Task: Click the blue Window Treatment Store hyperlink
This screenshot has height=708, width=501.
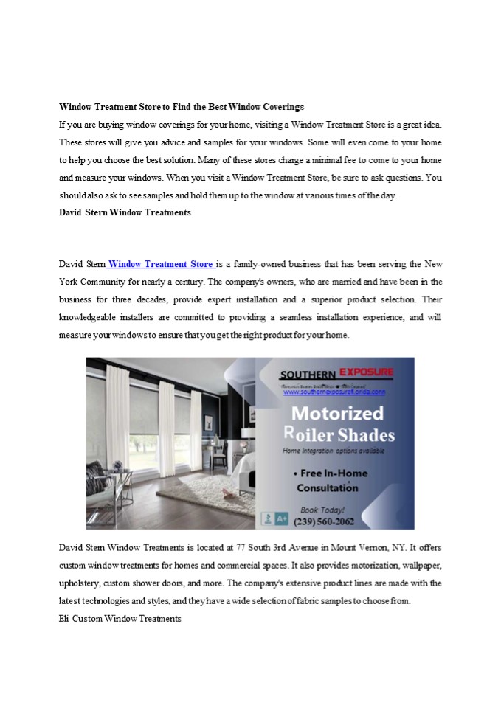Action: click(161, 264)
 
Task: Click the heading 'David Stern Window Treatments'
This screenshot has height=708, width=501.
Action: click(125, 212)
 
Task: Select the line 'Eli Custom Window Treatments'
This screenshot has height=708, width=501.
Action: click(120, 618)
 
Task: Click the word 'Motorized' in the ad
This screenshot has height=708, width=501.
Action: click(336, 413)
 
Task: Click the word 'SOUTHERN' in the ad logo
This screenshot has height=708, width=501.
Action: click(307, 374)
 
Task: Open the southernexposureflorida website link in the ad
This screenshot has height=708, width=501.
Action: click(334, 392)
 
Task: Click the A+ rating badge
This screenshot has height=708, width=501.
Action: click(282, 519)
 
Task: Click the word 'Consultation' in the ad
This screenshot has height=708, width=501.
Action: click(328, 487)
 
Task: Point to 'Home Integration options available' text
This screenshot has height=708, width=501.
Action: click(334, 450)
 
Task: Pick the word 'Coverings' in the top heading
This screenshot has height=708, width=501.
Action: click(279, 107)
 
